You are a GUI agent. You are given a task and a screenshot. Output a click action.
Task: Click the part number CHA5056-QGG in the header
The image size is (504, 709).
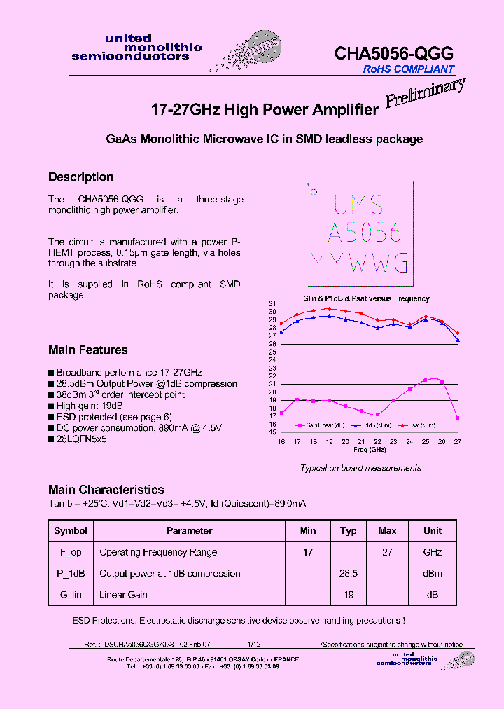394,53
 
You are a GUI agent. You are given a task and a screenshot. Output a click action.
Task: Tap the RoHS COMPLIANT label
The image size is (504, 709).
408,69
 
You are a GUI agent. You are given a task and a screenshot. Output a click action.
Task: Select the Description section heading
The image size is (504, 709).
80,177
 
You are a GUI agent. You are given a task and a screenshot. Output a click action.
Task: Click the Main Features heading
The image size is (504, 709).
87,350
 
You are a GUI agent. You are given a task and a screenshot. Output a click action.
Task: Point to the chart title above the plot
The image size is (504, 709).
366,298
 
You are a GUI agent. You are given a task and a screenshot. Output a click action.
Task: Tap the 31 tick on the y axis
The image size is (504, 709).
272,303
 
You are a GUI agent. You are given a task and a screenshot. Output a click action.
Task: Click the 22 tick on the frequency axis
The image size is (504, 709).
377,441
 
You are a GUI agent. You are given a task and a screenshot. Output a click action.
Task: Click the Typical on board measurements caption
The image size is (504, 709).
360,468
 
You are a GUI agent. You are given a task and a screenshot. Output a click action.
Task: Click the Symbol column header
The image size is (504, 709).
71,530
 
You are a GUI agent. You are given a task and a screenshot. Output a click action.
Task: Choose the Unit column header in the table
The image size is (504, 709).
433,530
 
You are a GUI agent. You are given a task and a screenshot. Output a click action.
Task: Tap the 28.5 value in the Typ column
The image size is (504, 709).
348,573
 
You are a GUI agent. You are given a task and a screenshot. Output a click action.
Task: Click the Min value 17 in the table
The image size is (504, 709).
308,552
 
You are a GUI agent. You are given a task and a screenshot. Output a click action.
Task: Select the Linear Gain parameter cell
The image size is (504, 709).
123,595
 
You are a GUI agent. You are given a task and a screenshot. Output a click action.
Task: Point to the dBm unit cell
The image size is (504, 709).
433,573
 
